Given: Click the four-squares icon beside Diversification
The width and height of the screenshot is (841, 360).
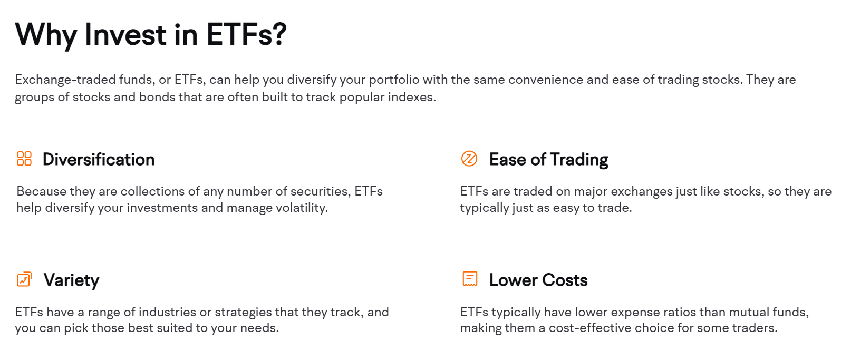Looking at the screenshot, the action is tap(24, 159).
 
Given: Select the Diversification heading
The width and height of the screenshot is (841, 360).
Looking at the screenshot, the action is tap(99, 160).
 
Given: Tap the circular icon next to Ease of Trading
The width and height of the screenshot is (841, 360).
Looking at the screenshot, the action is tap(469, 159).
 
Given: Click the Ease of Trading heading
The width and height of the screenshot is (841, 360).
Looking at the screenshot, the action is tap(548, 160).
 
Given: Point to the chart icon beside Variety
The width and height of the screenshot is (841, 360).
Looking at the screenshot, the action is tap(24, 279).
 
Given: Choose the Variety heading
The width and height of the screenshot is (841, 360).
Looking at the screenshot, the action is tap(71, 280).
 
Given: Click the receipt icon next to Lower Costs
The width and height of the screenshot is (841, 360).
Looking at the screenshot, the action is tap(470, 279).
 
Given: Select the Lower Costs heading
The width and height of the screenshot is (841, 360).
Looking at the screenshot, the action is tap(538, 280).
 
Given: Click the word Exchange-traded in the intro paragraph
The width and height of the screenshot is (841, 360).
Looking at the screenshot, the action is tap(65, 80).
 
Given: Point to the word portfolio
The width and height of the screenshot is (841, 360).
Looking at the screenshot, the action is tap(394, 80).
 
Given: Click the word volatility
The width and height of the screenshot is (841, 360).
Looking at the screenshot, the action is tap(302, 208).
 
